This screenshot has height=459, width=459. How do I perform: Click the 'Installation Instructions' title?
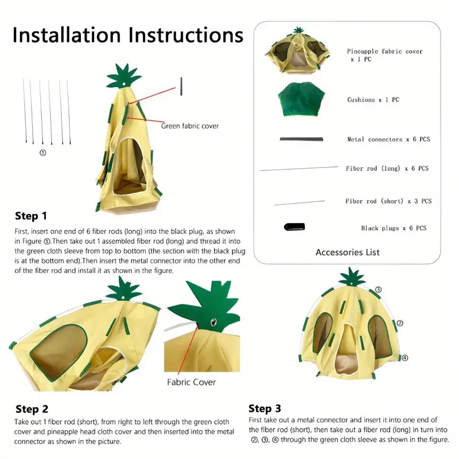click(x=128, y=35)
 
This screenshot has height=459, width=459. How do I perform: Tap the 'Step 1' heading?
click(x=31, y=216)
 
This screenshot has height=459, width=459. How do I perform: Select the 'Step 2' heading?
click(x=32, y=409)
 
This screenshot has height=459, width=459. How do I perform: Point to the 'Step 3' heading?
click(x=264, y=409)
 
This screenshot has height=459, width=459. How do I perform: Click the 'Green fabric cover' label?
click(x=190, y=126)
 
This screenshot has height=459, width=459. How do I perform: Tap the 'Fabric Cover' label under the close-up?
click(x=191, y=382)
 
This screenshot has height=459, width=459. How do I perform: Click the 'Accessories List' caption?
click(x=348, y=252)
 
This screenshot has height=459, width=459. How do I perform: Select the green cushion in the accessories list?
click(x=301, y=99)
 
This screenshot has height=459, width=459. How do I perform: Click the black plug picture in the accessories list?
click(x=294, y=227)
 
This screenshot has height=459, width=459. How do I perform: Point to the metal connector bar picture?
click(x=302, y=139)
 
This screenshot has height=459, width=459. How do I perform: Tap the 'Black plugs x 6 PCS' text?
click(x=394, y=228)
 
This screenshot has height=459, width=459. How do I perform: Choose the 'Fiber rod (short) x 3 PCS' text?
click(x=388, y=201)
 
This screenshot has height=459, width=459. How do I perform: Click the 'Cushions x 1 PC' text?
click(x=374, y=99)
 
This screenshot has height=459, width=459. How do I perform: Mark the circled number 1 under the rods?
click(x=42, y=153)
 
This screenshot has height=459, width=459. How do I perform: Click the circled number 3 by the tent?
click(x=378, y=290)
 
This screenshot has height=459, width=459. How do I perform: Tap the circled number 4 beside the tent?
click(x=404, y=357)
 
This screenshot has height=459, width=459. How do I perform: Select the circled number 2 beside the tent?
click(x=400, y=323)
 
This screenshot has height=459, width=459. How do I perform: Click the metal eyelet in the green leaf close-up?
click(x=213, y=322)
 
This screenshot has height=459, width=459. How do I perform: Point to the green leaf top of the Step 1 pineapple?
click(x=123, y=76)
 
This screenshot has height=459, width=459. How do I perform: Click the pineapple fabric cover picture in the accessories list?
click(x=298, y=50)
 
